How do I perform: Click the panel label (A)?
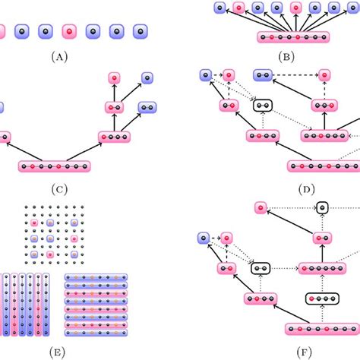click(x=59, y=57)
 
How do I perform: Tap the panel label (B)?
click(x=286, y=57)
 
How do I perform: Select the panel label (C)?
click(x=59, y=189)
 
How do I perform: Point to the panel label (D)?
click(x=307, y=189)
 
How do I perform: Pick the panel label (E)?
click(x=57, y=352)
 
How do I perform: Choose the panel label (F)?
click(x=304, y=352)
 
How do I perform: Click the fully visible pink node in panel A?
click(x=69, y=32)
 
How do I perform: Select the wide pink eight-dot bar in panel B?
click(x=293, y=37)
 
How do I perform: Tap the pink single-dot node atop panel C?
click(x=114, y=78)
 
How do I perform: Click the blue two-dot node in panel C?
click(x=147, y=108)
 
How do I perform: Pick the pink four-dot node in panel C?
click(x=114, y=137)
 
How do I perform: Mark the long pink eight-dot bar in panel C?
click(x=55, y=166)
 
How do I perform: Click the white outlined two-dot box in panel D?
click(x=263, y=106)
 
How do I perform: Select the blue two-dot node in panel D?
click(x=263, y=75)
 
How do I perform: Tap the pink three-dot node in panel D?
click(x=324, y=106)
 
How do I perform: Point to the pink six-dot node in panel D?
click(x=324, y=136)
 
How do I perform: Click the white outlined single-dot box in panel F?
click(x=322, y=208)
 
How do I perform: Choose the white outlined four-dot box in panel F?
click(x=322, y=298)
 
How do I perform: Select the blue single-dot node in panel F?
click(x=204, y=238)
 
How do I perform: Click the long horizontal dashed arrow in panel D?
click(x=295, y=75)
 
